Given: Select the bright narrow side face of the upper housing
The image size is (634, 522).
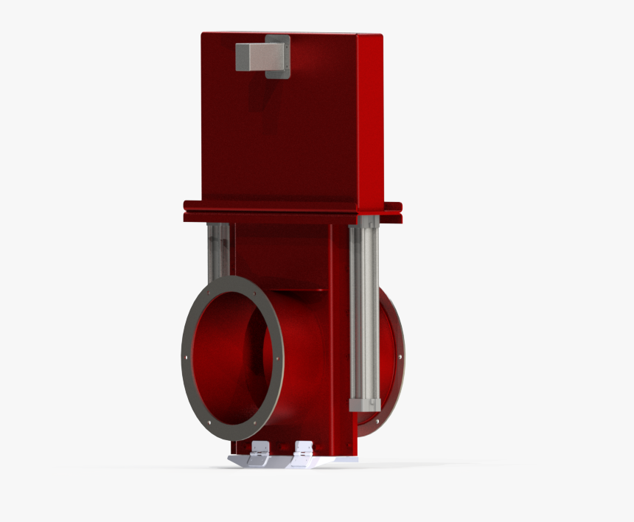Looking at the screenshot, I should [x=371, y=118].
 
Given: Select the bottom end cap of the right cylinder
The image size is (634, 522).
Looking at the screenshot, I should [x=365, y=404].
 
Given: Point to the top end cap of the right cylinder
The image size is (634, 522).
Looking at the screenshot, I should [x=365, y=221].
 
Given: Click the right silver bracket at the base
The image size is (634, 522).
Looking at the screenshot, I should [x=302, y=451].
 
